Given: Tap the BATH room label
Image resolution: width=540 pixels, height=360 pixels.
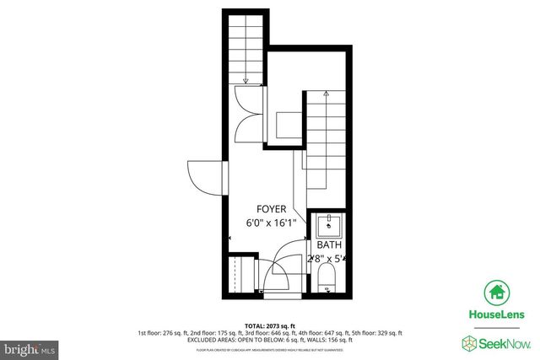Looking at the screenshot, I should [330, 244].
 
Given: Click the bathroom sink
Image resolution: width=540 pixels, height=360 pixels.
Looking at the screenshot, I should [329, 225].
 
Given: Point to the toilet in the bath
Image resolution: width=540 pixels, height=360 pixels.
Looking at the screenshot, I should [328, 279].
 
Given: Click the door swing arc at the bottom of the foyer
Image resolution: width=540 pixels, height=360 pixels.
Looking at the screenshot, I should [283, 261].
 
